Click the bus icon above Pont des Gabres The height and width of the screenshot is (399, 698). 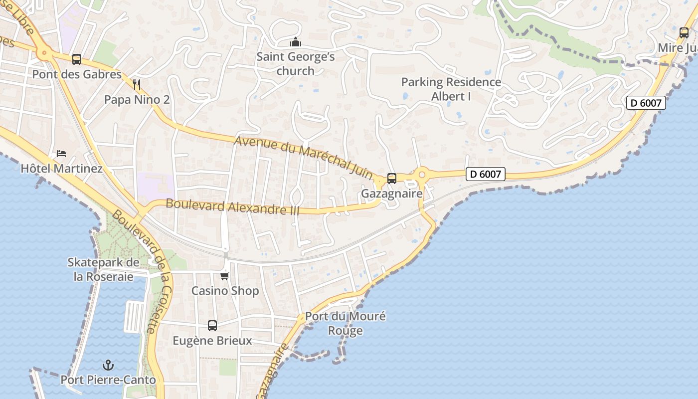[77, 59]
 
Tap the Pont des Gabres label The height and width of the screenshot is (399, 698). [77, 74]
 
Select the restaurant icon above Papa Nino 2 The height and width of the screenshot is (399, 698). [137, 84]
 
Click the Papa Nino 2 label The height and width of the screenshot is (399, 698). [137, 99]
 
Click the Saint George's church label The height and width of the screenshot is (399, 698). [296, 63]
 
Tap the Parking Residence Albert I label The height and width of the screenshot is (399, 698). [451, 89]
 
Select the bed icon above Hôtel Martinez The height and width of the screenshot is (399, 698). [61, 153]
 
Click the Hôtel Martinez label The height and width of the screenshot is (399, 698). [61, 169]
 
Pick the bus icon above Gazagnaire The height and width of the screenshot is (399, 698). [392, 178]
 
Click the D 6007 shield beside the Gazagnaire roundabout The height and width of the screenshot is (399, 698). [486, 174]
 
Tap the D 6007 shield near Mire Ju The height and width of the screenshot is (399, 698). [646, 103]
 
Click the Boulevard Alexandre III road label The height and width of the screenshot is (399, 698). [232, 207]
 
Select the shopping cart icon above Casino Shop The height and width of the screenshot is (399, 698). [225, 276]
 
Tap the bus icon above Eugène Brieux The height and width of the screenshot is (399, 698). [212, 326]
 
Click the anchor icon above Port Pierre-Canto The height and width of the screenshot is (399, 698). [108, 365]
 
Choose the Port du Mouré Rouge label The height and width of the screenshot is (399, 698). [346, 323]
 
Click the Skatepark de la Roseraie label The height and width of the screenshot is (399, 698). [104, 269]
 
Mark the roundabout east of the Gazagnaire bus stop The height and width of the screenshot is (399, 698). [422, 174]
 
